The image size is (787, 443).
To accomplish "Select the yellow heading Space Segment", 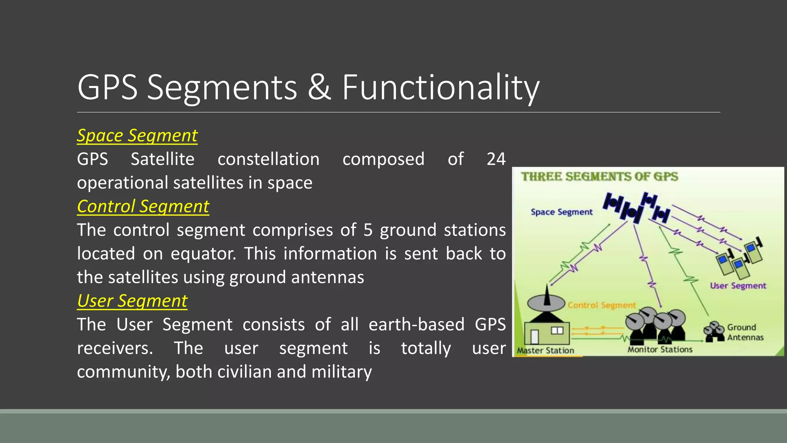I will (x=137, y=136).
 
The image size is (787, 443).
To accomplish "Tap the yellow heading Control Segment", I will (x=143, y=207).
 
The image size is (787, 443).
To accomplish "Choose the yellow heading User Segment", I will (x=132, y=301).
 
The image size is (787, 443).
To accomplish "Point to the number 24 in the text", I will (x=496, y=159).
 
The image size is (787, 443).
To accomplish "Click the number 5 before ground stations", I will (x=368, y=230).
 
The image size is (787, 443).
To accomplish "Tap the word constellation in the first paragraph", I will (x=268, y=159).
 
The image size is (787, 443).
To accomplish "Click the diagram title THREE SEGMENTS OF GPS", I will (x=599, y=177).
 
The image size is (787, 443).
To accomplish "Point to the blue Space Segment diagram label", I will (x=561, y=212).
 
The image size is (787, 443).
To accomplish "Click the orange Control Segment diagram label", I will (x=601, y=305).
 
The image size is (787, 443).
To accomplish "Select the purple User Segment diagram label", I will (x=738, y=286).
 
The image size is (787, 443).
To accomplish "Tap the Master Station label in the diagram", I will (x=545, y=350).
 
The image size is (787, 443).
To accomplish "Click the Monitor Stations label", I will (x=660, y=350).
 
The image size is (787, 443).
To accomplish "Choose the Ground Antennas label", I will (x=745, y=332).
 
